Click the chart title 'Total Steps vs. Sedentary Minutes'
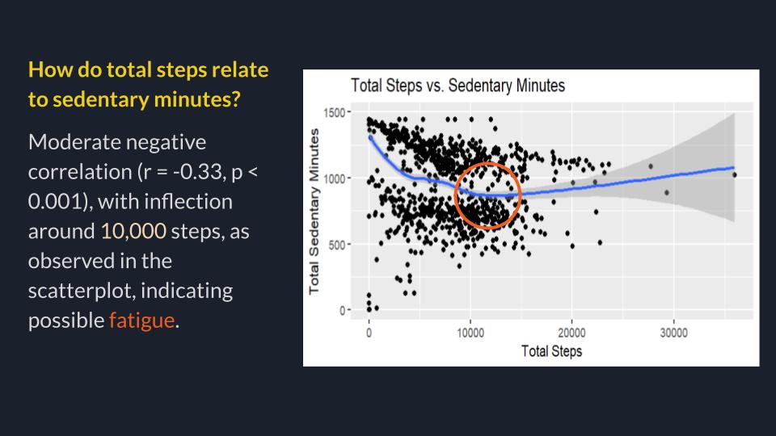(x=457, y=86)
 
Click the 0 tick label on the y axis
(x=342, y=310)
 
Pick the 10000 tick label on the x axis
(x=470, y=333)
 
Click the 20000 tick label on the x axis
(x=571, y=333)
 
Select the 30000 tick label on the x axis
(x=673, y=333)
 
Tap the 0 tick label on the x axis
(x=369, y=333)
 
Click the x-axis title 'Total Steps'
(x=551, y=351)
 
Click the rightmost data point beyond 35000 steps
(x=734, y=174)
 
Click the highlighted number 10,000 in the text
(x=133, y=232)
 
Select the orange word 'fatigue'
(x=141, y=321)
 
